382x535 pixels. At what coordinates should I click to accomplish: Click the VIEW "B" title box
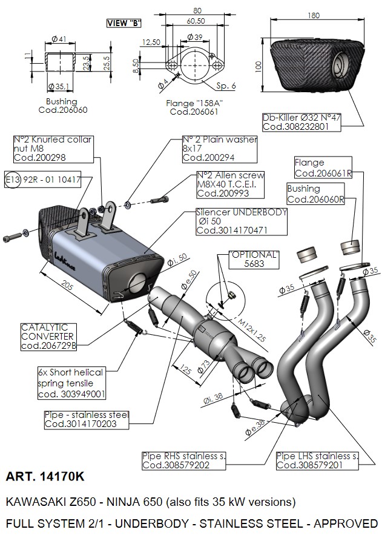coord(123,23)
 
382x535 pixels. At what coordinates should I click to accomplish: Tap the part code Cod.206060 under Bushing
coord(62,110)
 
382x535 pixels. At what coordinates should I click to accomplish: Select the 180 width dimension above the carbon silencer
coord(313,15)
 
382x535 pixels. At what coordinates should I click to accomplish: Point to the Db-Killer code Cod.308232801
coord(296,127)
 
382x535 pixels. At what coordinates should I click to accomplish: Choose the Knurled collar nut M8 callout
coord(53,148)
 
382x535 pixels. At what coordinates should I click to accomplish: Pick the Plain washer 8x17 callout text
coord(220,148)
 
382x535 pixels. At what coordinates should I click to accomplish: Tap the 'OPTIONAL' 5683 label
coord(254,260)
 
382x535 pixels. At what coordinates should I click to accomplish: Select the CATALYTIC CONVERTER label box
coord(49,336)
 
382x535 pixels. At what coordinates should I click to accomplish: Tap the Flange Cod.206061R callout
coord(323,168)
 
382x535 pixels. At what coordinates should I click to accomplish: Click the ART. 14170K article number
coord(45,477)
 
